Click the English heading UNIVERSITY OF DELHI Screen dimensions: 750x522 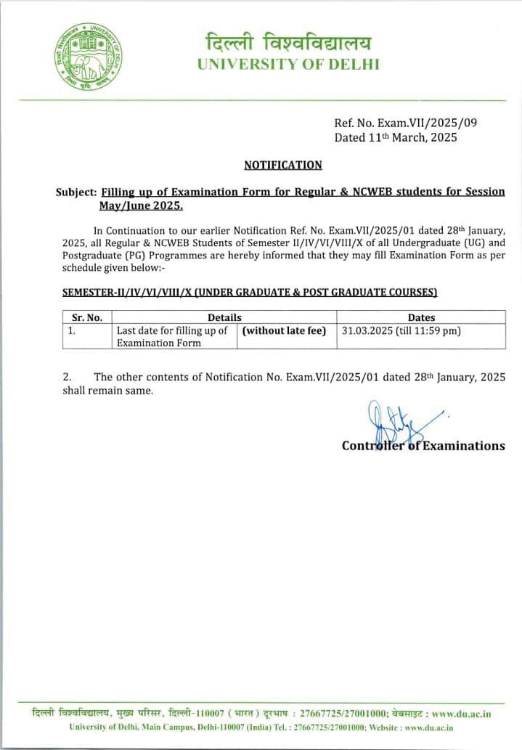[288, 64]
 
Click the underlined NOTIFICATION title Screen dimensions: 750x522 [282, 165]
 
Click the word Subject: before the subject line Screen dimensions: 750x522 [76, 192]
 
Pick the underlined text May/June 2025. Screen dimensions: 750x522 [141, 205]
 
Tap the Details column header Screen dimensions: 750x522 [224, 317]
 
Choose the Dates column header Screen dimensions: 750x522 [421, 317]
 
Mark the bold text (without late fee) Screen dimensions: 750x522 [284, 330]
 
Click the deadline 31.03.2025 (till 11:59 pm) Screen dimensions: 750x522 [401, 330]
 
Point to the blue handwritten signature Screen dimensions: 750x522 [392, 425]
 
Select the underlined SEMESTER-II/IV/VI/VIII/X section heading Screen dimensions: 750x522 [250, 293]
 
